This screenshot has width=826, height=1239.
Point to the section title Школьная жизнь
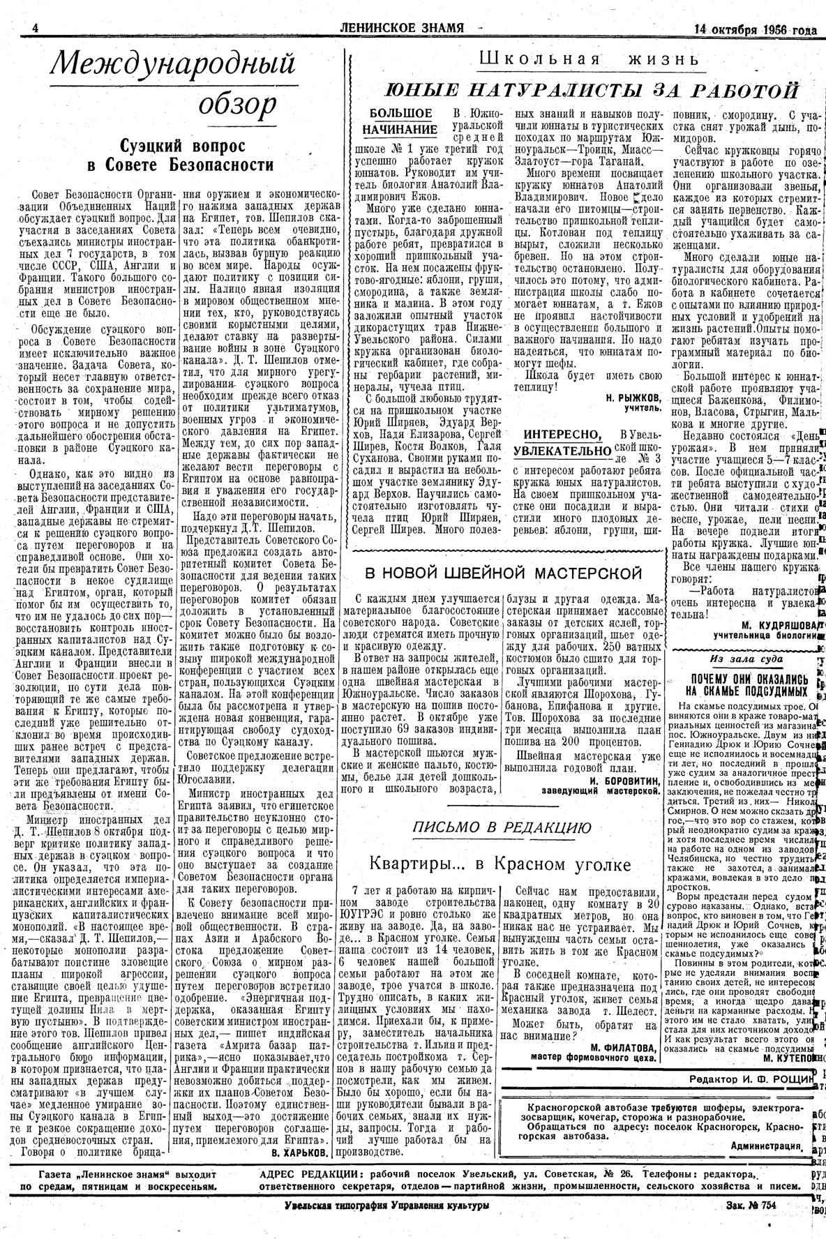tap(588, 59)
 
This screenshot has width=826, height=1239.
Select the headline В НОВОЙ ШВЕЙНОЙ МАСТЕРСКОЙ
tap(504, 573)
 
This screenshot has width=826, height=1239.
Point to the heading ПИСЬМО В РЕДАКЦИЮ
tap(502, 827)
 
